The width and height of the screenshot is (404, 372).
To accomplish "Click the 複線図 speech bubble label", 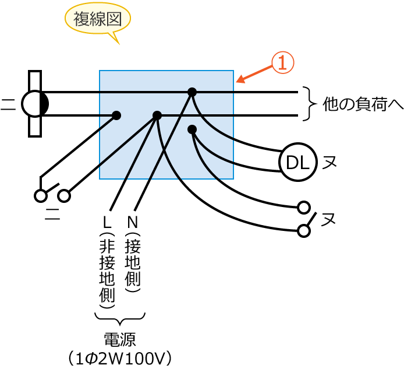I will pos(97,20).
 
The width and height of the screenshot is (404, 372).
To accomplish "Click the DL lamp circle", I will pos(297,162).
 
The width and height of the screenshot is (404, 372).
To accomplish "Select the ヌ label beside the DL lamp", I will pos(330,162).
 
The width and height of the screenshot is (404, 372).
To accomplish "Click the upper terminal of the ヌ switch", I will pos(303,206).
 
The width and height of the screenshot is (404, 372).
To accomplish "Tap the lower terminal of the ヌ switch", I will pos(303,231).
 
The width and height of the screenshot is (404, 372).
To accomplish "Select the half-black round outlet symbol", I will pos(35,104).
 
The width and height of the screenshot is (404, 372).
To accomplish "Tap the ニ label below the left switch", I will pos(52,214).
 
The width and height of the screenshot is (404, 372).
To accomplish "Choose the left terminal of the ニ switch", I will pos(40,195).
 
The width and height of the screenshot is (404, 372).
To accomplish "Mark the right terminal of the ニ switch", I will pos(64,195).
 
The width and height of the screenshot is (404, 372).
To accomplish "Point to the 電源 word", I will pos(119,339).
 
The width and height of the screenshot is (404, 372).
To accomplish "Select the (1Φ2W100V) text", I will pos(119,357).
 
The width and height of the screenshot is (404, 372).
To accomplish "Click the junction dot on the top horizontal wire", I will pos(192,92).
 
